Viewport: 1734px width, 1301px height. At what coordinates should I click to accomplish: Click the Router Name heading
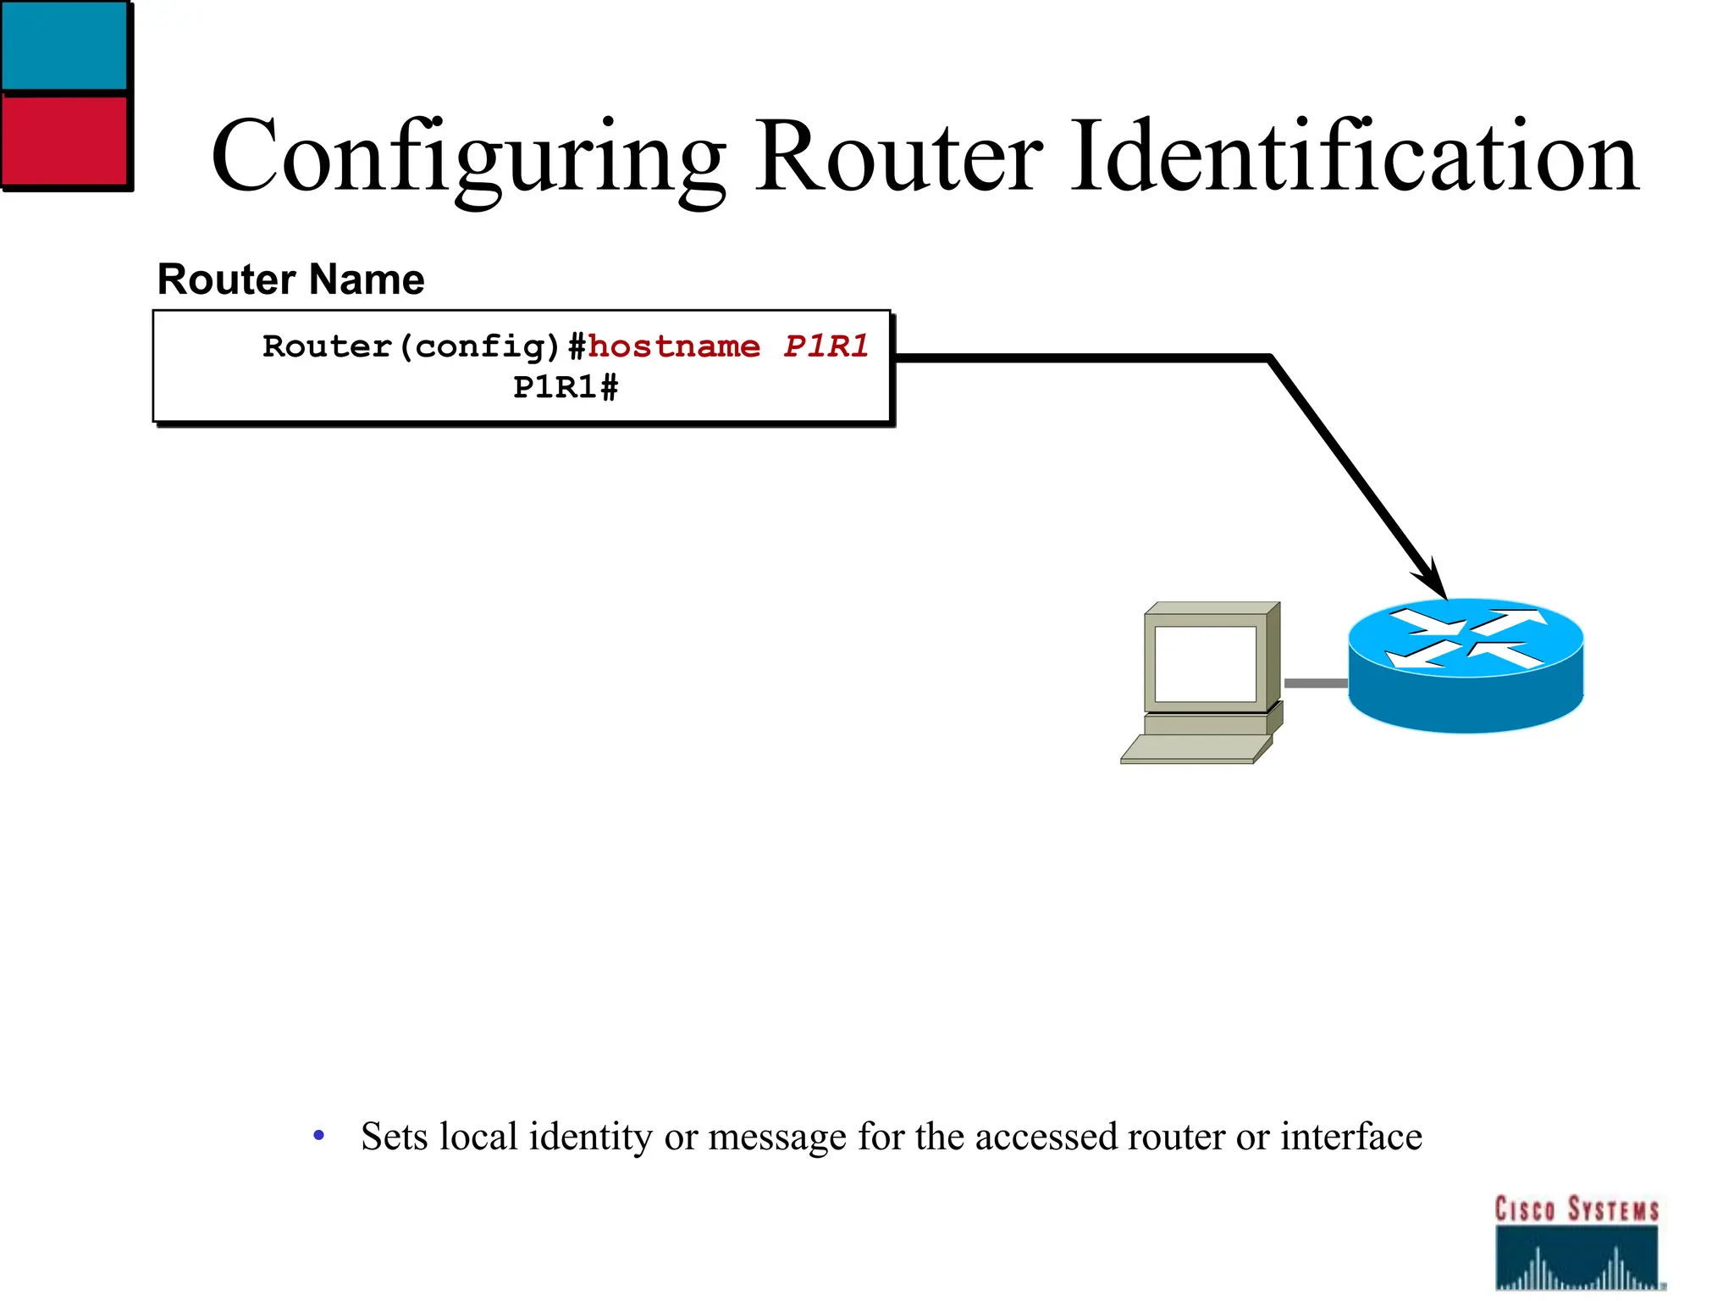[290, 280]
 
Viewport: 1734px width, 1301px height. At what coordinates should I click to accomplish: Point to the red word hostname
[674, 346]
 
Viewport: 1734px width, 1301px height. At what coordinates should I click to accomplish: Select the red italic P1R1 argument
[826, 346]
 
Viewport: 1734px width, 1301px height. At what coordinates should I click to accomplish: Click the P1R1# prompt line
[566, 388]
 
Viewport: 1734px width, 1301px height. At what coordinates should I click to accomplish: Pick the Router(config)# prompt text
[423, 346]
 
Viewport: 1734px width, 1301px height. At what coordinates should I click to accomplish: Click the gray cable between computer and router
[1315, 683]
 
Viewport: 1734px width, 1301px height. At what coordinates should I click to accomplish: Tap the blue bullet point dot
[318, 1135]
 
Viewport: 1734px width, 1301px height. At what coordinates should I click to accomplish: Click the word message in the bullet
[776, 1137]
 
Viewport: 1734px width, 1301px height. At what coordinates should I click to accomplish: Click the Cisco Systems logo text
[1576, 1210]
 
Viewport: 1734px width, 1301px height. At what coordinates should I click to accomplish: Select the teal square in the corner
[64, 44]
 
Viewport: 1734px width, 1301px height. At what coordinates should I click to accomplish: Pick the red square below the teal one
[64, 140]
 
